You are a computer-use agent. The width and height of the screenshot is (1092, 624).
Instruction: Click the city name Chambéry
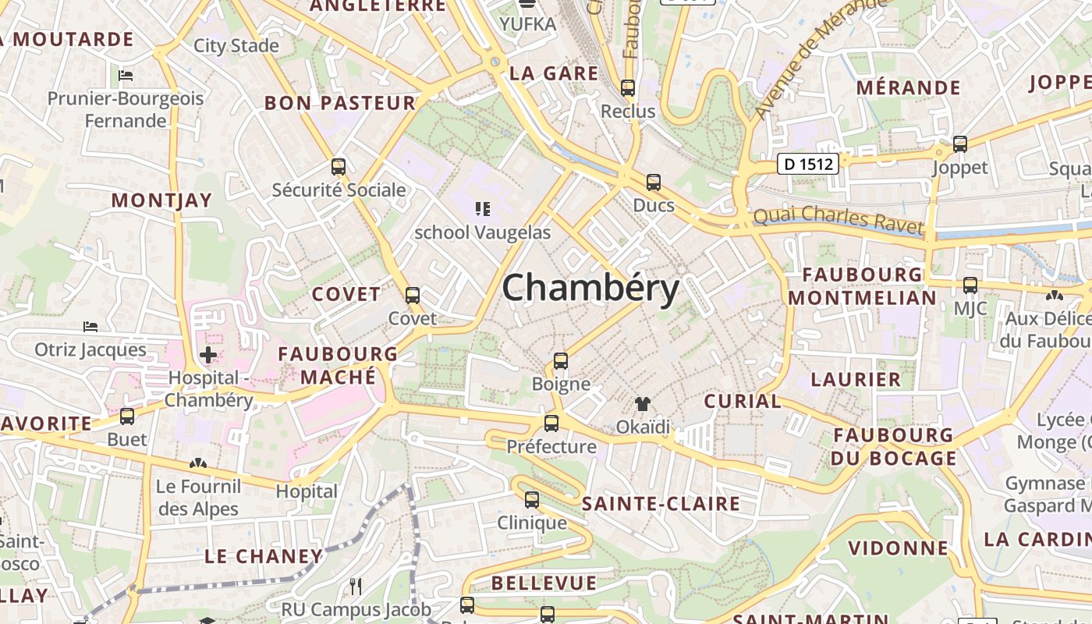coord(590,289)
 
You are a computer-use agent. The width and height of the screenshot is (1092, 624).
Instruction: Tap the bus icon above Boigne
coord(561,360)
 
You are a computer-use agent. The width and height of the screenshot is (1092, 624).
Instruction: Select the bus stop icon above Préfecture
coord(551,424)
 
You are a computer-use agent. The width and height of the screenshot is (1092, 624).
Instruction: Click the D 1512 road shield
coord(808,164)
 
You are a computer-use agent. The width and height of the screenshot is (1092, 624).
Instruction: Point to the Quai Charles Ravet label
coord(838,220)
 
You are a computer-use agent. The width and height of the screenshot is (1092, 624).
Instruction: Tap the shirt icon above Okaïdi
coord(642,403)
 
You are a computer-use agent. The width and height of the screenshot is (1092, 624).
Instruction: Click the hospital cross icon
coord(208,356)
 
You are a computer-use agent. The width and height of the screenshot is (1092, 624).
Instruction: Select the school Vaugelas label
coord(482,232)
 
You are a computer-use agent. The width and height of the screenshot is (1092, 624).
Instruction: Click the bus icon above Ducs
coord(653,183)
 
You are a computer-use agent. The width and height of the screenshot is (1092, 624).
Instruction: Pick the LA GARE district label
coord(554,73)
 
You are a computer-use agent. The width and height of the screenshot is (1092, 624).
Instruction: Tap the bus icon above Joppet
coord(960,144)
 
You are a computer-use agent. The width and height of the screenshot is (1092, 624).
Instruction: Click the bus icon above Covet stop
coord(413,296)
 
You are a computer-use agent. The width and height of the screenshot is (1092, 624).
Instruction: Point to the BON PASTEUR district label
coord(340,103)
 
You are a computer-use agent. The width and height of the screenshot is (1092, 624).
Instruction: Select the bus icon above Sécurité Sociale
coord(338,166)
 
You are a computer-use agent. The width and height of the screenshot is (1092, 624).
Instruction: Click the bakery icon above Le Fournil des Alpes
coord(198,463)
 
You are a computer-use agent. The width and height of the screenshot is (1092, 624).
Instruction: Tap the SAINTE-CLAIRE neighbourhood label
coord(661,503)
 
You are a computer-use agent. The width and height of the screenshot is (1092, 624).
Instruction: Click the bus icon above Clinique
coord(532,499)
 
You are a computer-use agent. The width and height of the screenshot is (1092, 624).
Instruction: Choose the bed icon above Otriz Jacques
coord(90,326)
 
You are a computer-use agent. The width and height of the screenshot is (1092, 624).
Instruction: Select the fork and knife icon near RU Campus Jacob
coord(356,586)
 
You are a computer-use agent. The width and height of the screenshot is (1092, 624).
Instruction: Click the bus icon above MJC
coord(970,285)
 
